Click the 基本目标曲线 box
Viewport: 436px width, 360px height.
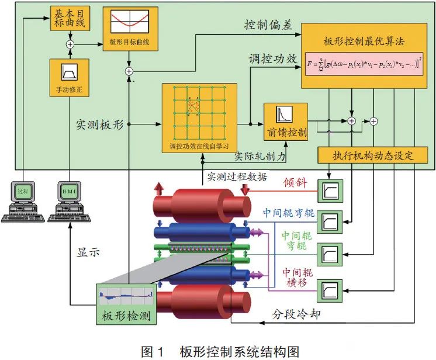point(69,20)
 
